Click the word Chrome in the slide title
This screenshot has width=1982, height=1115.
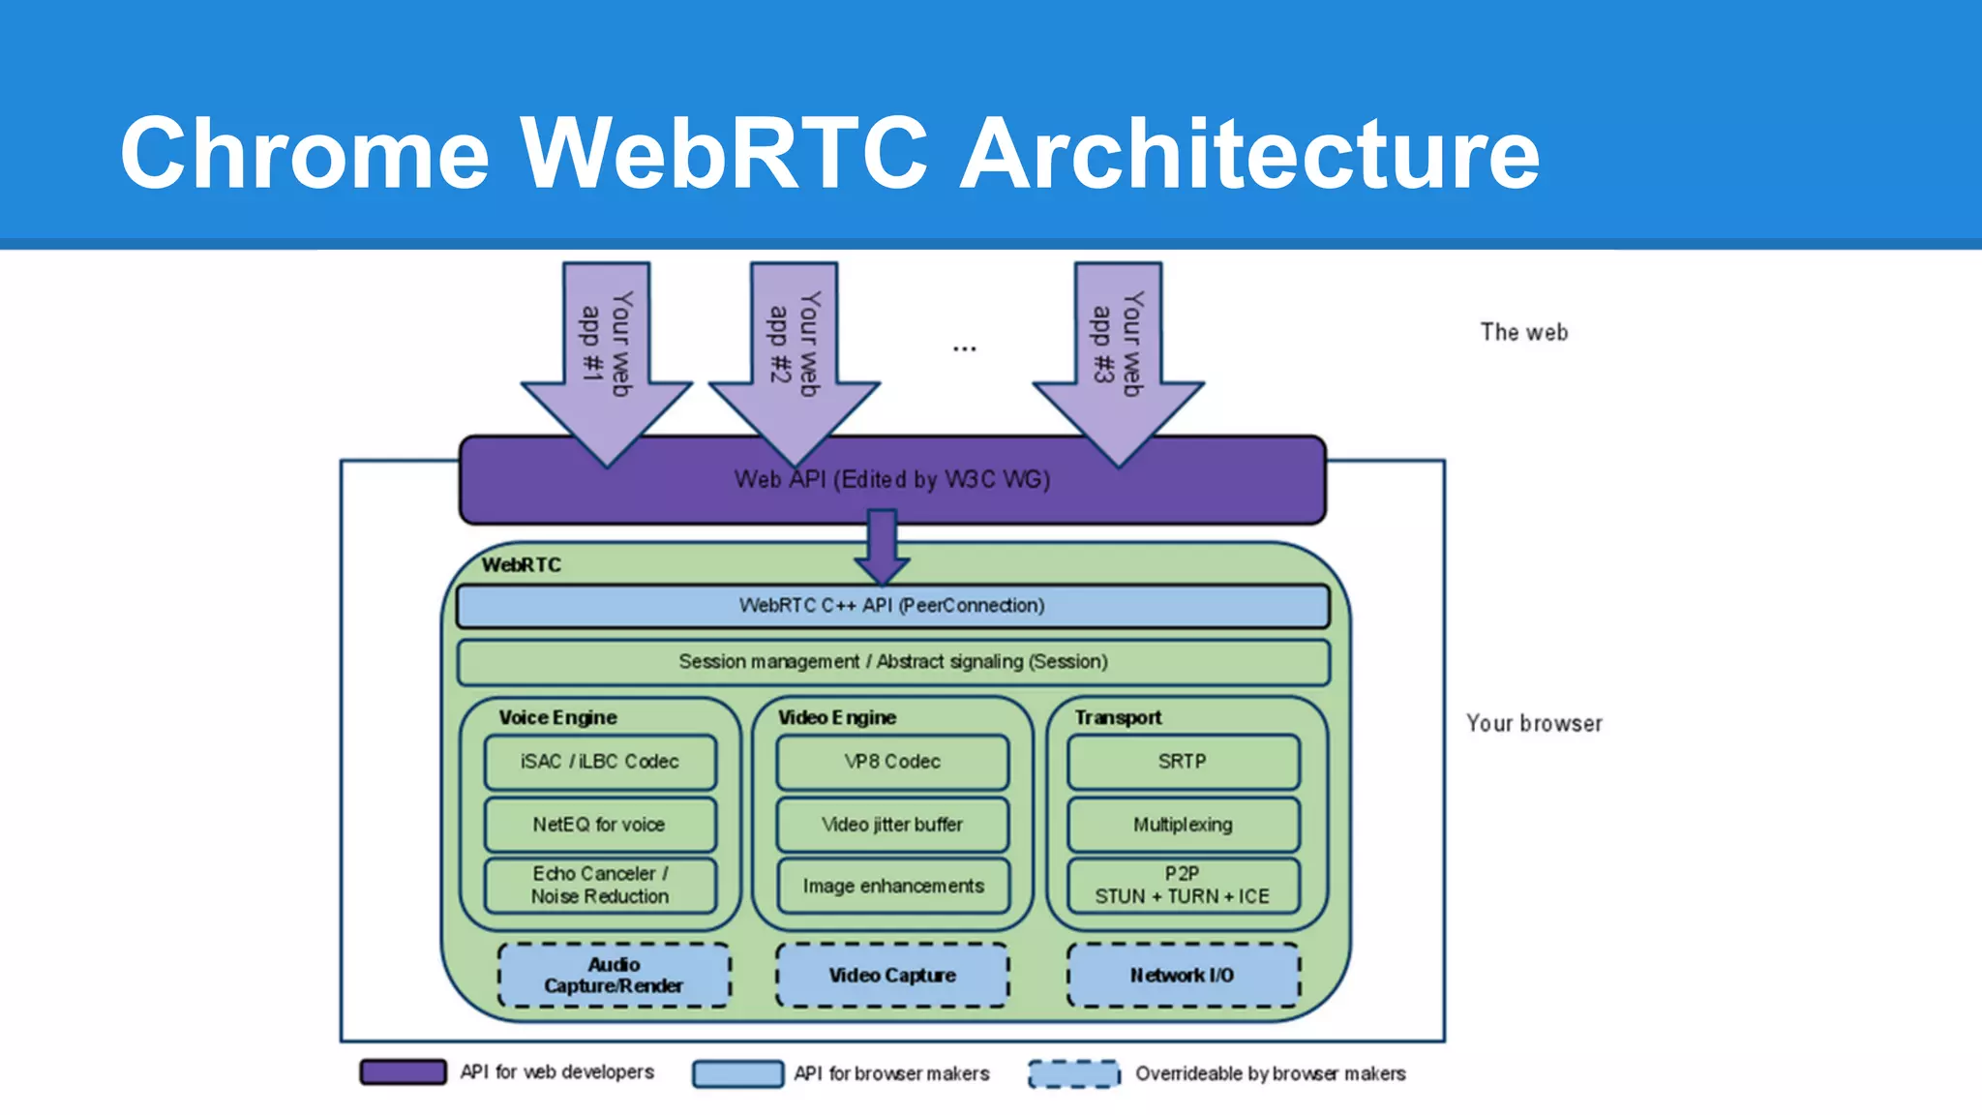click(305, 153)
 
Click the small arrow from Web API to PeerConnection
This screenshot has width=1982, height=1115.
click(882, 547)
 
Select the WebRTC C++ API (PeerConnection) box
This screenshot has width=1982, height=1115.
click(891, 606)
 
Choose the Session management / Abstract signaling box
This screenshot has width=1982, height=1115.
click(892, 662)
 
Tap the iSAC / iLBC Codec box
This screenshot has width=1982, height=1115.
click(600, 762)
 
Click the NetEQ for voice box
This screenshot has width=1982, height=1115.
click(600, 825)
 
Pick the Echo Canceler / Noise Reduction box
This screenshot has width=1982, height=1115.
click(600, 886)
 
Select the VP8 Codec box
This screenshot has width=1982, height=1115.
click(892, 762)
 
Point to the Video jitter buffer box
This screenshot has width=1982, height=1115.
click(892, 825)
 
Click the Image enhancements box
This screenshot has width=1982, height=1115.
click(892, 886)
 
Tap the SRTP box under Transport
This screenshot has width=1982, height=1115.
click(1183, 762)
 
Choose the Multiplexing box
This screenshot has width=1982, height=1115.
click(1183, 825)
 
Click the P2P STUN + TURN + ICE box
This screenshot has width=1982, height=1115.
click(1183, 886)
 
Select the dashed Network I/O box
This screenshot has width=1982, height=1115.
click(1183, 976)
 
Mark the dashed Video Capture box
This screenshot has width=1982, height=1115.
click(892, 976)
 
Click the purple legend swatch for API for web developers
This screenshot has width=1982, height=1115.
click(403, 1072)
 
